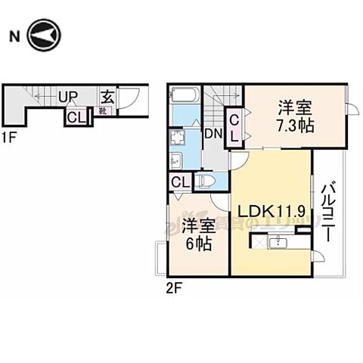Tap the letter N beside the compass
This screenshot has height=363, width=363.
[14, 35]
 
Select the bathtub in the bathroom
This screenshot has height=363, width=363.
[185, 97]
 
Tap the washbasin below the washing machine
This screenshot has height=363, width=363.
[177, 160]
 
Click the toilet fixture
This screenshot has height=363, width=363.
[206, 181]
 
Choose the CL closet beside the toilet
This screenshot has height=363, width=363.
[179, 181]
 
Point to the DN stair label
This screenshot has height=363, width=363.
[211, 133]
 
